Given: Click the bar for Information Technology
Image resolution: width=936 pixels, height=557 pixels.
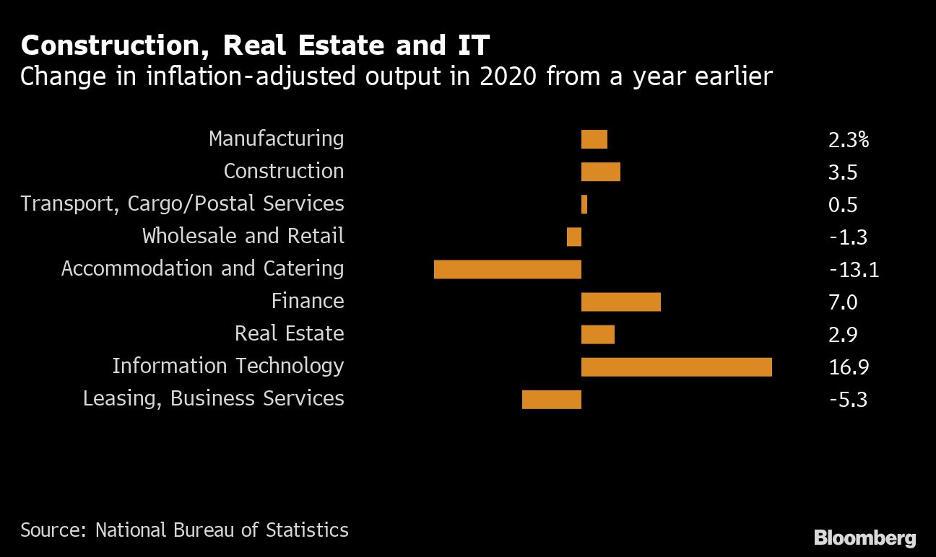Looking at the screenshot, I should [676, 367].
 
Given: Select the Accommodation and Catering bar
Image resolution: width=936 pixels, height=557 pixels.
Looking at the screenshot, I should [507, 269].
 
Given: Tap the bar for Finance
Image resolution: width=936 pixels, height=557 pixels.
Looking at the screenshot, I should [620, 302].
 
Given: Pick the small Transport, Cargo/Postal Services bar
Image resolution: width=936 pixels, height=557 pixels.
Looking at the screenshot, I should [584, 204].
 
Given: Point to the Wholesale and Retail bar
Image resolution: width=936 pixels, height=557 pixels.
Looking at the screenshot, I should [574, 237].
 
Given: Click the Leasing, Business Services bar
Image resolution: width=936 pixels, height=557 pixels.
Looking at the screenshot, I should [551, 399].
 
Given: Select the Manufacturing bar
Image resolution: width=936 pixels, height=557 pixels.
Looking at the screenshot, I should [594, 139].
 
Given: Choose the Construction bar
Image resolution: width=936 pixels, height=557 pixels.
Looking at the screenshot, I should [600, 172].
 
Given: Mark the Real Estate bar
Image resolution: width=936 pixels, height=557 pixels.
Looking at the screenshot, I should [597, 334].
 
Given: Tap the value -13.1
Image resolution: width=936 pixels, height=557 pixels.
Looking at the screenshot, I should [854, 270].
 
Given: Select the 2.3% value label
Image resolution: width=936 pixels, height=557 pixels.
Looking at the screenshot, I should [848, 140].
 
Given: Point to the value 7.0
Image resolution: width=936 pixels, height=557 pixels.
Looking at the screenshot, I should [843, 302].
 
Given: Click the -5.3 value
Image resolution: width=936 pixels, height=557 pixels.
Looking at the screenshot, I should [848, 400].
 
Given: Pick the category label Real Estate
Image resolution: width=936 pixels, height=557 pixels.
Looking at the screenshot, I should [289, 333].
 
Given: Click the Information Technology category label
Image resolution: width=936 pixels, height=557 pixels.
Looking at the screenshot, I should [227, 366].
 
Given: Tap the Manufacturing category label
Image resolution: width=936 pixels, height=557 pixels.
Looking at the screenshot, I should [276, 139].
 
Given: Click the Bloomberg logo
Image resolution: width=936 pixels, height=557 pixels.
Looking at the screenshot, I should [864, 538].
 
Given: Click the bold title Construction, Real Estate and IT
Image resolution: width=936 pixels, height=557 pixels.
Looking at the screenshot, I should [255, 46].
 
